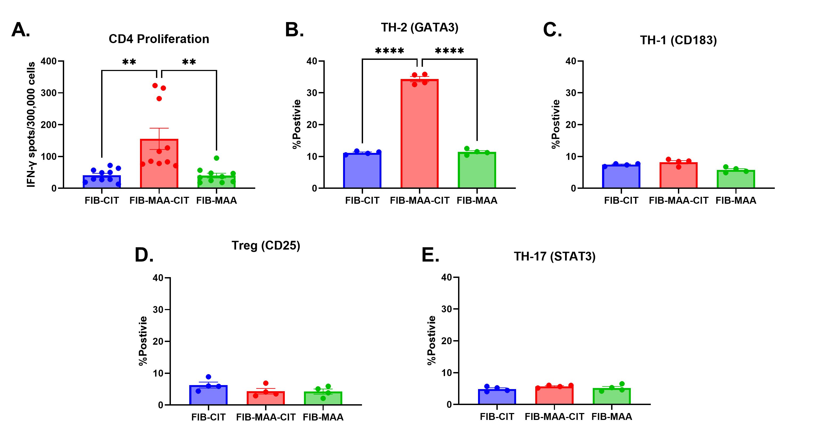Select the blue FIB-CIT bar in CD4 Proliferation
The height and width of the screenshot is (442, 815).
coord(102,182)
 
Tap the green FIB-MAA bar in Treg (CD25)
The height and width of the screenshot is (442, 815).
coord(323,398)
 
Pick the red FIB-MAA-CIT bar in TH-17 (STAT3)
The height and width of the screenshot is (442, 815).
coord(554,395)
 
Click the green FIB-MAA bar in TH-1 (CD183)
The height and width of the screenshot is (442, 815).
coord(736,179)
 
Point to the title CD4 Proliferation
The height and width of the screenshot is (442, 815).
coord(159,39)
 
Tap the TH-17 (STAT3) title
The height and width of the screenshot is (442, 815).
coord(554,256)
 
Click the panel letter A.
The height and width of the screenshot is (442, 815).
coord(20,30)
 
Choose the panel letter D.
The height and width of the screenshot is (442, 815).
coord(144,255)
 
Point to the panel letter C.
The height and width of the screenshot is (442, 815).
coord(552,30)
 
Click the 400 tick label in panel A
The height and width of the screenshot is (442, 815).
coord(48,61)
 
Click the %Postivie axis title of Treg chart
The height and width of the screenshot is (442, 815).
coord(143,341)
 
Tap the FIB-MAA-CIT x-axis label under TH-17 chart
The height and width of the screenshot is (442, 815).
coord(554,417)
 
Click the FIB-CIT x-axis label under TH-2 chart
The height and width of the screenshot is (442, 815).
coord(362,201)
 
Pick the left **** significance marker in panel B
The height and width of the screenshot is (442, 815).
coord(389,51)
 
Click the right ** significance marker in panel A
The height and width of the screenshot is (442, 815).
coord(189,62)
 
